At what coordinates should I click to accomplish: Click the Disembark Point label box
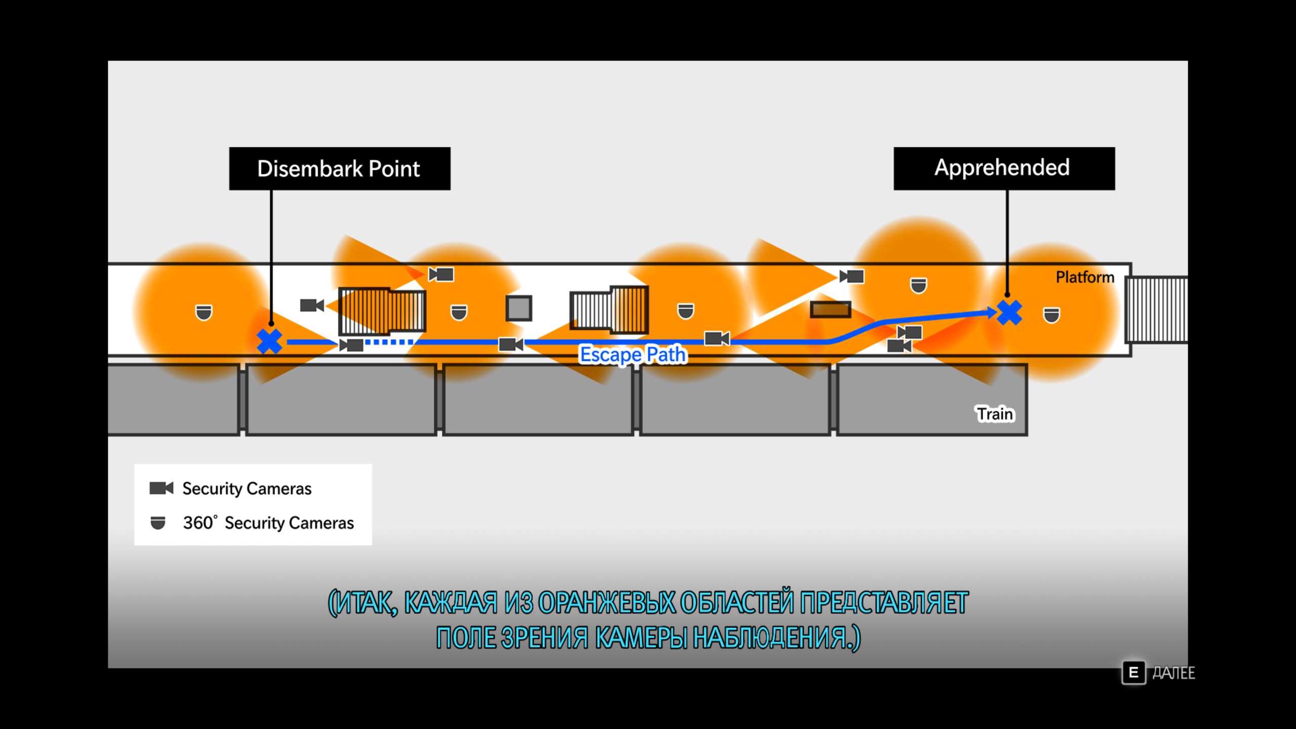pyautogui.click(x=339, y=169)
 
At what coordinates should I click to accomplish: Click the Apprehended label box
pyautogui.click(x=1003, y=169)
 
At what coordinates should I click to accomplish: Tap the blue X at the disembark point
pyautogui.click(x=269, y=341)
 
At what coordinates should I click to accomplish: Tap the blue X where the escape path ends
pyautogui.click(x=1009, y=312)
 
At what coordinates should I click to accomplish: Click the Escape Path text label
pyautogui.click(x=633, y=354)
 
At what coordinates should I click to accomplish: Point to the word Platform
pyautogui.click(x=1084, y=277)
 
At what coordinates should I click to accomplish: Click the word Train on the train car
pyautogui.click(x=995, y=414)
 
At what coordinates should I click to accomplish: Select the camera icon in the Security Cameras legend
pyautogui.click(x=161, y=488)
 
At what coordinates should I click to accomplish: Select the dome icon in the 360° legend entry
pyautogui.click(x=158, y=522)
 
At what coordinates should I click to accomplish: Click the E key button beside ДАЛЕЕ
pyautogui.click(x=1133, y=673)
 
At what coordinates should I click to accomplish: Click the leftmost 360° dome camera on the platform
pyautogui.click(x=204, y=312)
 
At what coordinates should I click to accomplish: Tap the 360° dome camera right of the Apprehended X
pyautogui.click(x=1051, y=315)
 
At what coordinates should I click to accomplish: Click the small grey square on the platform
pyautogui.click(x=518, y=308)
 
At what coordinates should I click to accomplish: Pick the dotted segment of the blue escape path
pyautogui.click(x=389, y=342)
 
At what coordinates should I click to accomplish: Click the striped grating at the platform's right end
pyautogui.click(x=1156, y=309)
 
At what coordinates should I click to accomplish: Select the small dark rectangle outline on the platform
pyautogui.click(x=830, y=309)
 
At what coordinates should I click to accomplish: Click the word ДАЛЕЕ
pyautogui.click(x=1173, y=673)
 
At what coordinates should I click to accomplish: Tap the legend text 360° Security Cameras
pyautogui.click(x=268, y=522)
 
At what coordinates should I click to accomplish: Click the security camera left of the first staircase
pyautogui.click(x=311, y=305)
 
